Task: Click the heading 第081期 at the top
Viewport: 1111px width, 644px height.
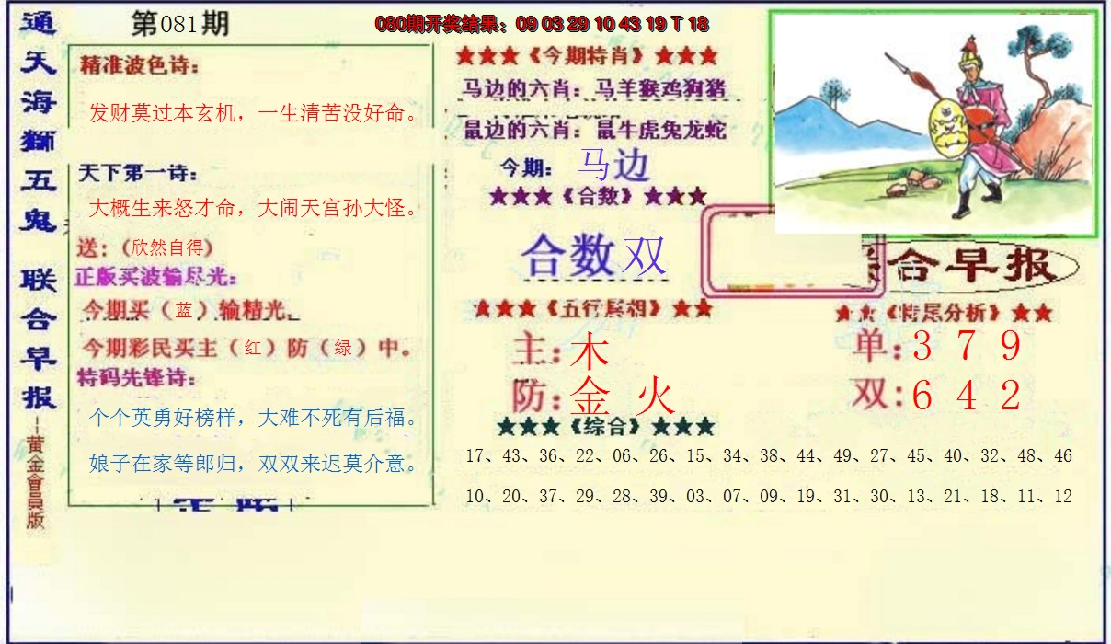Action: tap(179, 25)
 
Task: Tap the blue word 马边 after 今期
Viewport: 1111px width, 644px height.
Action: tap(613, 166)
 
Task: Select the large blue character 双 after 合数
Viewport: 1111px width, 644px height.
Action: tap(644, 256)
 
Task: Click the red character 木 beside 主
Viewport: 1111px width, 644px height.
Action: tap(590, 351)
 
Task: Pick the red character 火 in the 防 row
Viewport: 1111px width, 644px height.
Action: tap(657, 397)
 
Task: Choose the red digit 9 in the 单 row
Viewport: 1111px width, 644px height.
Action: tap(1011, 346)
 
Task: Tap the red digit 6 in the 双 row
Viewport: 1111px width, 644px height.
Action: tap(922, 396)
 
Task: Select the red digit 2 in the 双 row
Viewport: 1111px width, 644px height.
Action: tap(1011, 396)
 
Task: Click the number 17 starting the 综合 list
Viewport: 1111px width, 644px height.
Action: tap(475, 456)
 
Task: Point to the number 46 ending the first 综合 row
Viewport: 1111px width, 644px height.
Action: tap(1062, 456)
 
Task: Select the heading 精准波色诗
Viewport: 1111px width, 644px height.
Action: tap(139, 65)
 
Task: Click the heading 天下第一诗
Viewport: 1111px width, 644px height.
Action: tap(138, 172)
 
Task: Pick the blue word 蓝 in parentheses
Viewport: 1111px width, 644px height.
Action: tap(184, 311)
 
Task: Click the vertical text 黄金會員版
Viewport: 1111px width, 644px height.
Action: tap(35, 478)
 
